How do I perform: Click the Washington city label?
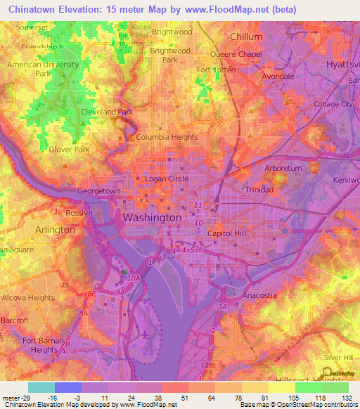coord(152,218)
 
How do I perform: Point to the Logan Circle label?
coord(166,179)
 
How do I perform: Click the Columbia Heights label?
coord(167,137)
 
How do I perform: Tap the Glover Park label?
coord(69,149)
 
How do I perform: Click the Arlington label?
coord(55,230)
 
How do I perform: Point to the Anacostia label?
coord(259,295)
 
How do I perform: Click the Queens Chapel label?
coord(236,54)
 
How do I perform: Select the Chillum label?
coord(246,37)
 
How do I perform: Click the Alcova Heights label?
coord(27,298)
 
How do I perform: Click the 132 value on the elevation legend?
coord(347,397)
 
